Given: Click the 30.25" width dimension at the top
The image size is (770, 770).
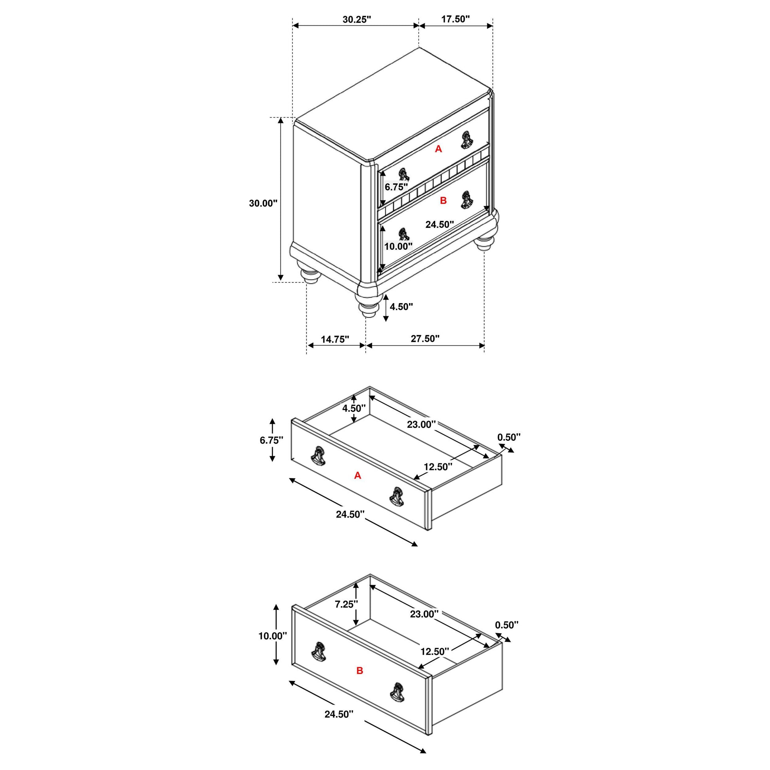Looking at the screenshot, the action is (357, 19).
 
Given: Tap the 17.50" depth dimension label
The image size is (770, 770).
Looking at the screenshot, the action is (455, 19).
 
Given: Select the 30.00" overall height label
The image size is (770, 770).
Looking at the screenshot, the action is (263, 203).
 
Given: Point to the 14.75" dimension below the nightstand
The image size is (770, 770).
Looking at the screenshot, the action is (335, 339).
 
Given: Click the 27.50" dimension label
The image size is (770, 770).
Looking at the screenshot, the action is (425, 338).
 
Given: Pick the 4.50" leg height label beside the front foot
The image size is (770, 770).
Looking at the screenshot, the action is (401, 307).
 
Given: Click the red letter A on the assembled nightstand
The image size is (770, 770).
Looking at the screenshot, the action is (438, 149).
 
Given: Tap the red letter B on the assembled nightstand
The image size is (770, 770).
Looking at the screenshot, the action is (443, 201).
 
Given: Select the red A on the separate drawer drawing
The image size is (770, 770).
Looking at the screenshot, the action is (358, 476).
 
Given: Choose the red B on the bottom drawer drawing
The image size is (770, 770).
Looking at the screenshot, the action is (360, 671).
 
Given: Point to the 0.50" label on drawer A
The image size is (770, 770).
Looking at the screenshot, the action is (509, 437).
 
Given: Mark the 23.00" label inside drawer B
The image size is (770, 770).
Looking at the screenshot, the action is (425, 614).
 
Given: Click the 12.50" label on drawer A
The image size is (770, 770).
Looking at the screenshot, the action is (438, 467).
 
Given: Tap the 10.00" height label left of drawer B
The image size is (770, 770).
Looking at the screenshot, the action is (273, 636).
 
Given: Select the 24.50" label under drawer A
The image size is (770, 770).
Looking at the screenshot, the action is (350, 514).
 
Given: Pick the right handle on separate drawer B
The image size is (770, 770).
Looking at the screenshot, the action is (397, 692).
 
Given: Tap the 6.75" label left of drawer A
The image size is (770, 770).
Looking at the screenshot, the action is (271, 440).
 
